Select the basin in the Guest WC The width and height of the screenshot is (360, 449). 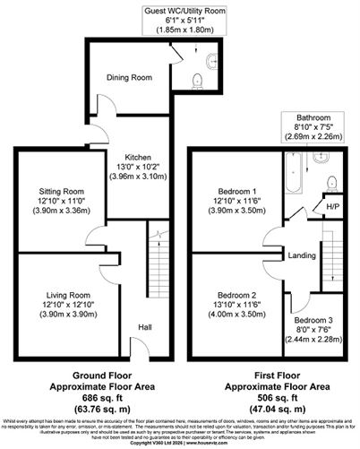212,62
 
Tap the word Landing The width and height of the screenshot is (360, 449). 299,255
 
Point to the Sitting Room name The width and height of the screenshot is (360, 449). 62,191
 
